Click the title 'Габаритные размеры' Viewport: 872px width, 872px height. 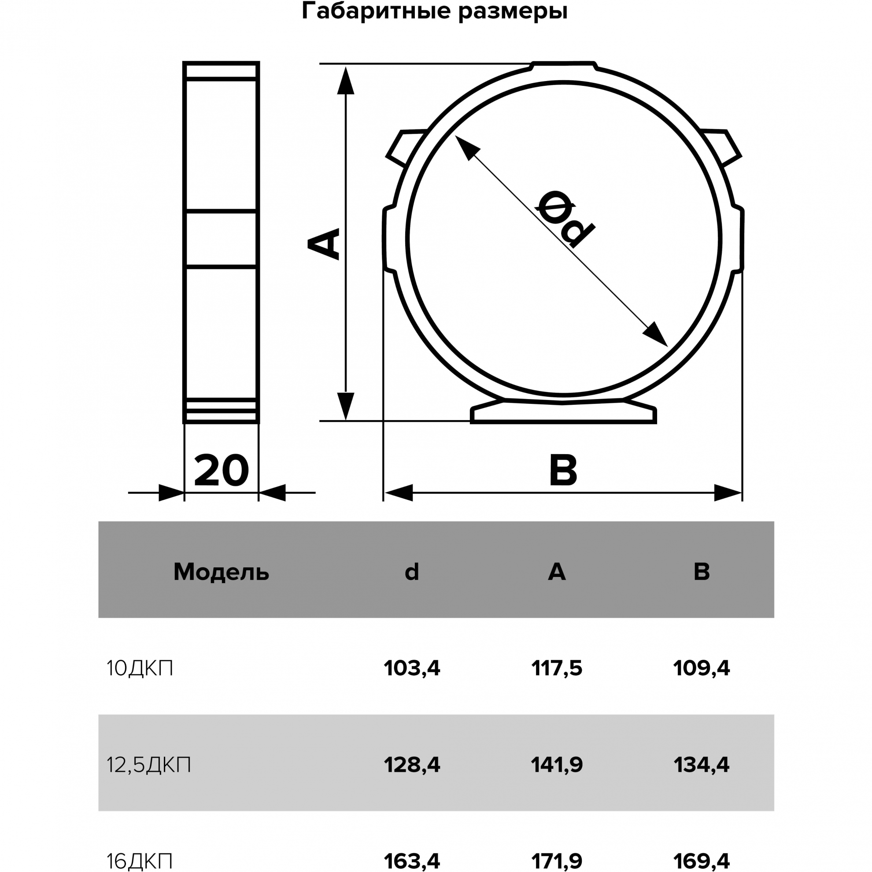[x=435, y=12]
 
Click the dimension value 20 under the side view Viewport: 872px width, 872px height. [x=221, y=470]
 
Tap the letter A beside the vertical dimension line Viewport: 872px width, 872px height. [x=323, y=244]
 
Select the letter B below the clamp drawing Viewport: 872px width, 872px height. [x=563, y=470]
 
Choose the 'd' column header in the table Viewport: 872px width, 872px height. [x=412, y=571]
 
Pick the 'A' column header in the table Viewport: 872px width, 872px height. [x=557, y=572]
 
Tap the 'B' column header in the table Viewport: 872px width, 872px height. [x=702, y=572]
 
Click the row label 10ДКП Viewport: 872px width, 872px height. [x=140, y=668]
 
